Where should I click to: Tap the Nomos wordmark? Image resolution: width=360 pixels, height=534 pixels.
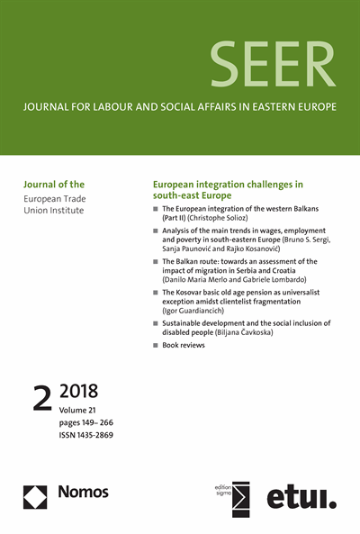(81, 492)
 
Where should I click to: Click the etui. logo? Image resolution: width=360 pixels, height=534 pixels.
(302, 496)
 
